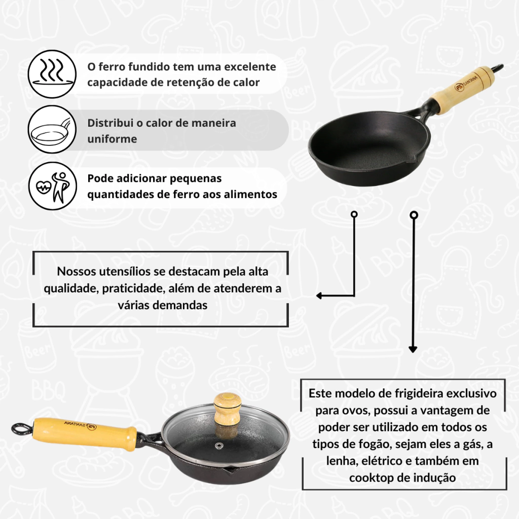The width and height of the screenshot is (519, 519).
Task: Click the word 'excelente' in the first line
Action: (250, 66)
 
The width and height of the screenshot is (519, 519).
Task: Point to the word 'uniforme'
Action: (112, 139)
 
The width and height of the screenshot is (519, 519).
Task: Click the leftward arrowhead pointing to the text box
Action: (319, 295)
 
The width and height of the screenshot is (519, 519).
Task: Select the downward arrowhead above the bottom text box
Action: (413, 349)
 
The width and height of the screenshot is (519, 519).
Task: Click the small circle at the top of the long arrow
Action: (414, 215)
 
